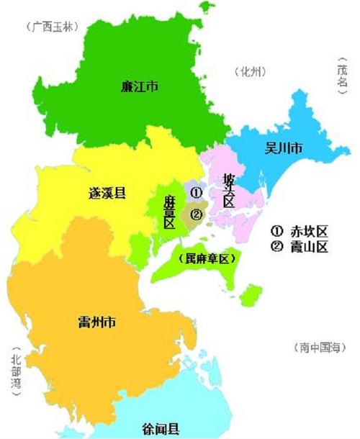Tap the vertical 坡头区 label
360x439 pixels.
coord(229,189)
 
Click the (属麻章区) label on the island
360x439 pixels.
coord(207,258)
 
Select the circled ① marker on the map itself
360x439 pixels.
coord(196,193)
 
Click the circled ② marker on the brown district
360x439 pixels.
coord(195,213)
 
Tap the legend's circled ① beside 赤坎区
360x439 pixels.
coord(277,232)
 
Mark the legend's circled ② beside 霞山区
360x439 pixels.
coord(277,248)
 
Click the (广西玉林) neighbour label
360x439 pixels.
coord(55,28)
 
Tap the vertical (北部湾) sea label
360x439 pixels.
coord(16,372)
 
